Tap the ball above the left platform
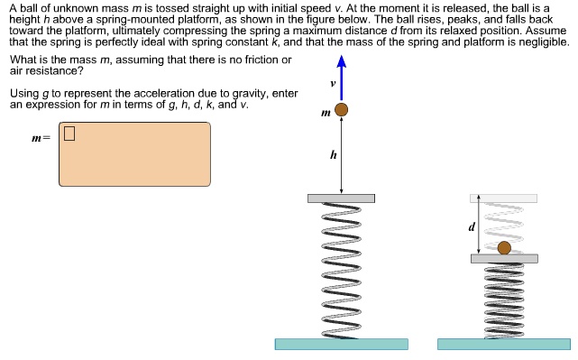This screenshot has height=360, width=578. click(341, 111)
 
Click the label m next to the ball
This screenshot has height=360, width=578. click(326, 113)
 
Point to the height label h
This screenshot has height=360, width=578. click(334, 155)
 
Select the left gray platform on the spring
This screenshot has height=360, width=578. click(341, 198)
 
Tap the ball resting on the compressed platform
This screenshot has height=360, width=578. click(504, 248)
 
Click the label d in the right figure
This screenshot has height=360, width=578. click(470, 226)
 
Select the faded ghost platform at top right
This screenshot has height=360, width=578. click(503, 198)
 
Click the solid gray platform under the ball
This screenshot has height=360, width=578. click(504, 259)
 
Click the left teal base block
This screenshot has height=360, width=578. click(341, 344)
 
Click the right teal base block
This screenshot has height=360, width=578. click(504, 344)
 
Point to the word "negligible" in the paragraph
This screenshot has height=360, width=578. click(539, 42)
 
